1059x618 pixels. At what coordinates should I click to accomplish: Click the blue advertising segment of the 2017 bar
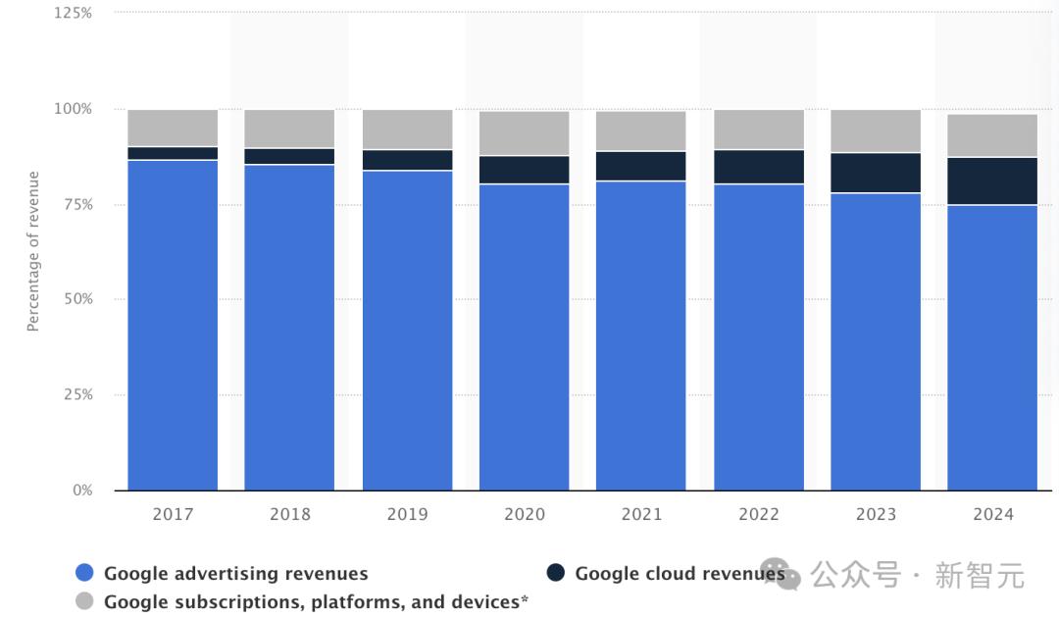pos(173,324)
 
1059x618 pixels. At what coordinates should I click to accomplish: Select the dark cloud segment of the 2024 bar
pos(992,180)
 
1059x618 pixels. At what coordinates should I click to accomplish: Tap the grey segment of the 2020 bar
pos(525,132)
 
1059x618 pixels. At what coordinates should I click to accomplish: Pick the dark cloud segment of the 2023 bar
pos(876,173)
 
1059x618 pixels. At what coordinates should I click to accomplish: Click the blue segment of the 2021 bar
pos(641,335)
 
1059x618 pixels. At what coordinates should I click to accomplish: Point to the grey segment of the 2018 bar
pos(289,129)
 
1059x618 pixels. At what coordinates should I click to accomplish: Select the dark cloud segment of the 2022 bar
pos(759,167)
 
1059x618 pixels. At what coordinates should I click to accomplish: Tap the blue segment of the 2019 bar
pos(407,330)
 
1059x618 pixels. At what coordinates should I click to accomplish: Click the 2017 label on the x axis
pos(173,514)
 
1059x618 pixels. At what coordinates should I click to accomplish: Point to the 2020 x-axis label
pos(525,514)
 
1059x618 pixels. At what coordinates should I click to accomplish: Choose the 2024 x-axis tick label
pos(992,514)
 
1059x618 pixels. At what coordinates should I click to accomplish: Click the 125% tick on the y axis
pos(74,14)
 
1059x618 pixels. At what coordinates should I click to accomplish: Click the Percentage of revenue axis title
pos(33,251)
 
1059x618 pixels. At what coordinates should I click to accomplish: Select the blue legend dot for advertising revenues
pos(84,574)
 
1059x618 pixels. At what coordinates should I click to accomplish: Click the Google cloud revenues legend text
pos(680,574)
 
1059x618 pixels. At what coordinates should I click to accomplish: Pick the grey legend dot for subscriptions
pos(84,601)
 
